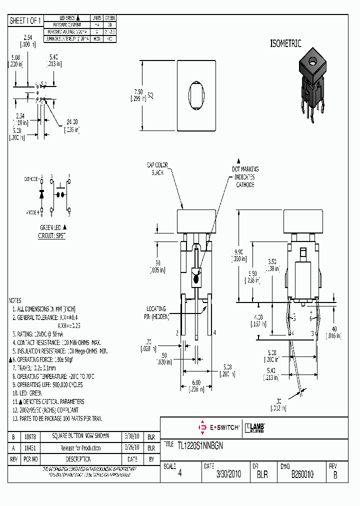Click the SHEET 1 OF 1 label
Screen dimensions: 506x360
[26, 20]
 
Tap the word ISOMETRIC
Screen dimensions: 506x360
[285, 44]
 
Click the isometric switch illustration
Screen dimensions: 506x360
[311, 84]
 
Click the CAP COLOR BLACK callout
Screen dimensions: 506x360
[157, 168]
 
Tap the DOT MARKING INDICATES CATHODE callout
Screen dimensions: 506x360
[245, 177]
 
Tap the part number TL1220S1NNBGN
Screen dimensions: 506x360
[200, 444]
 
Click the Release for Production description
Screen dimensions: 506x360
[80, 448]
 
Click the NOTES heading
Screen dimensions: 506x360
[15, 300]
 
